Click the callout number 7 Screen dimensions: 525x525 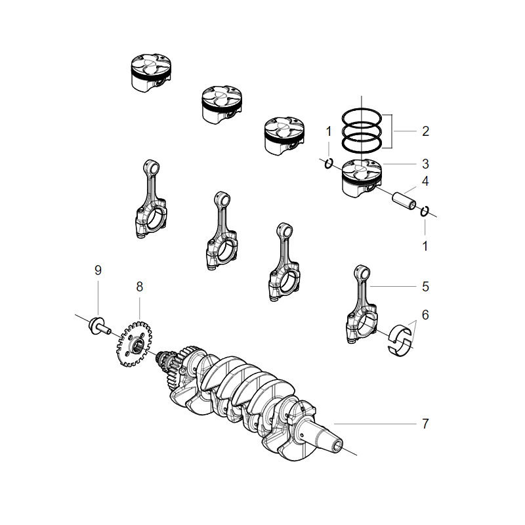425,424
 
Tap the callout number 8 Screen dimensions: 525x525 139,287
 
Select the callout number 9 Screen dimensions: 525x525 98,270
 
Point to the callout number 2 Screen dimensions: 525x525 425,131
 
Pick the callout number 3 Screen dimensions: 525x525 425,163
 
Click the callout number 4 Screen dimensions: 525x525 425,180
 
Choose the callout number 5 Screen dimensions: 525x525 425,286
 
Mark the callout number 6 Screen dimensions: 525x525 425,315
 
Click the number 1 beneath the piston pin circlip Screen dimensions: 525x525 425,246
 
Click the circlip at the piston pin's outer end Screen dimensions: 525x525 425,211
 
